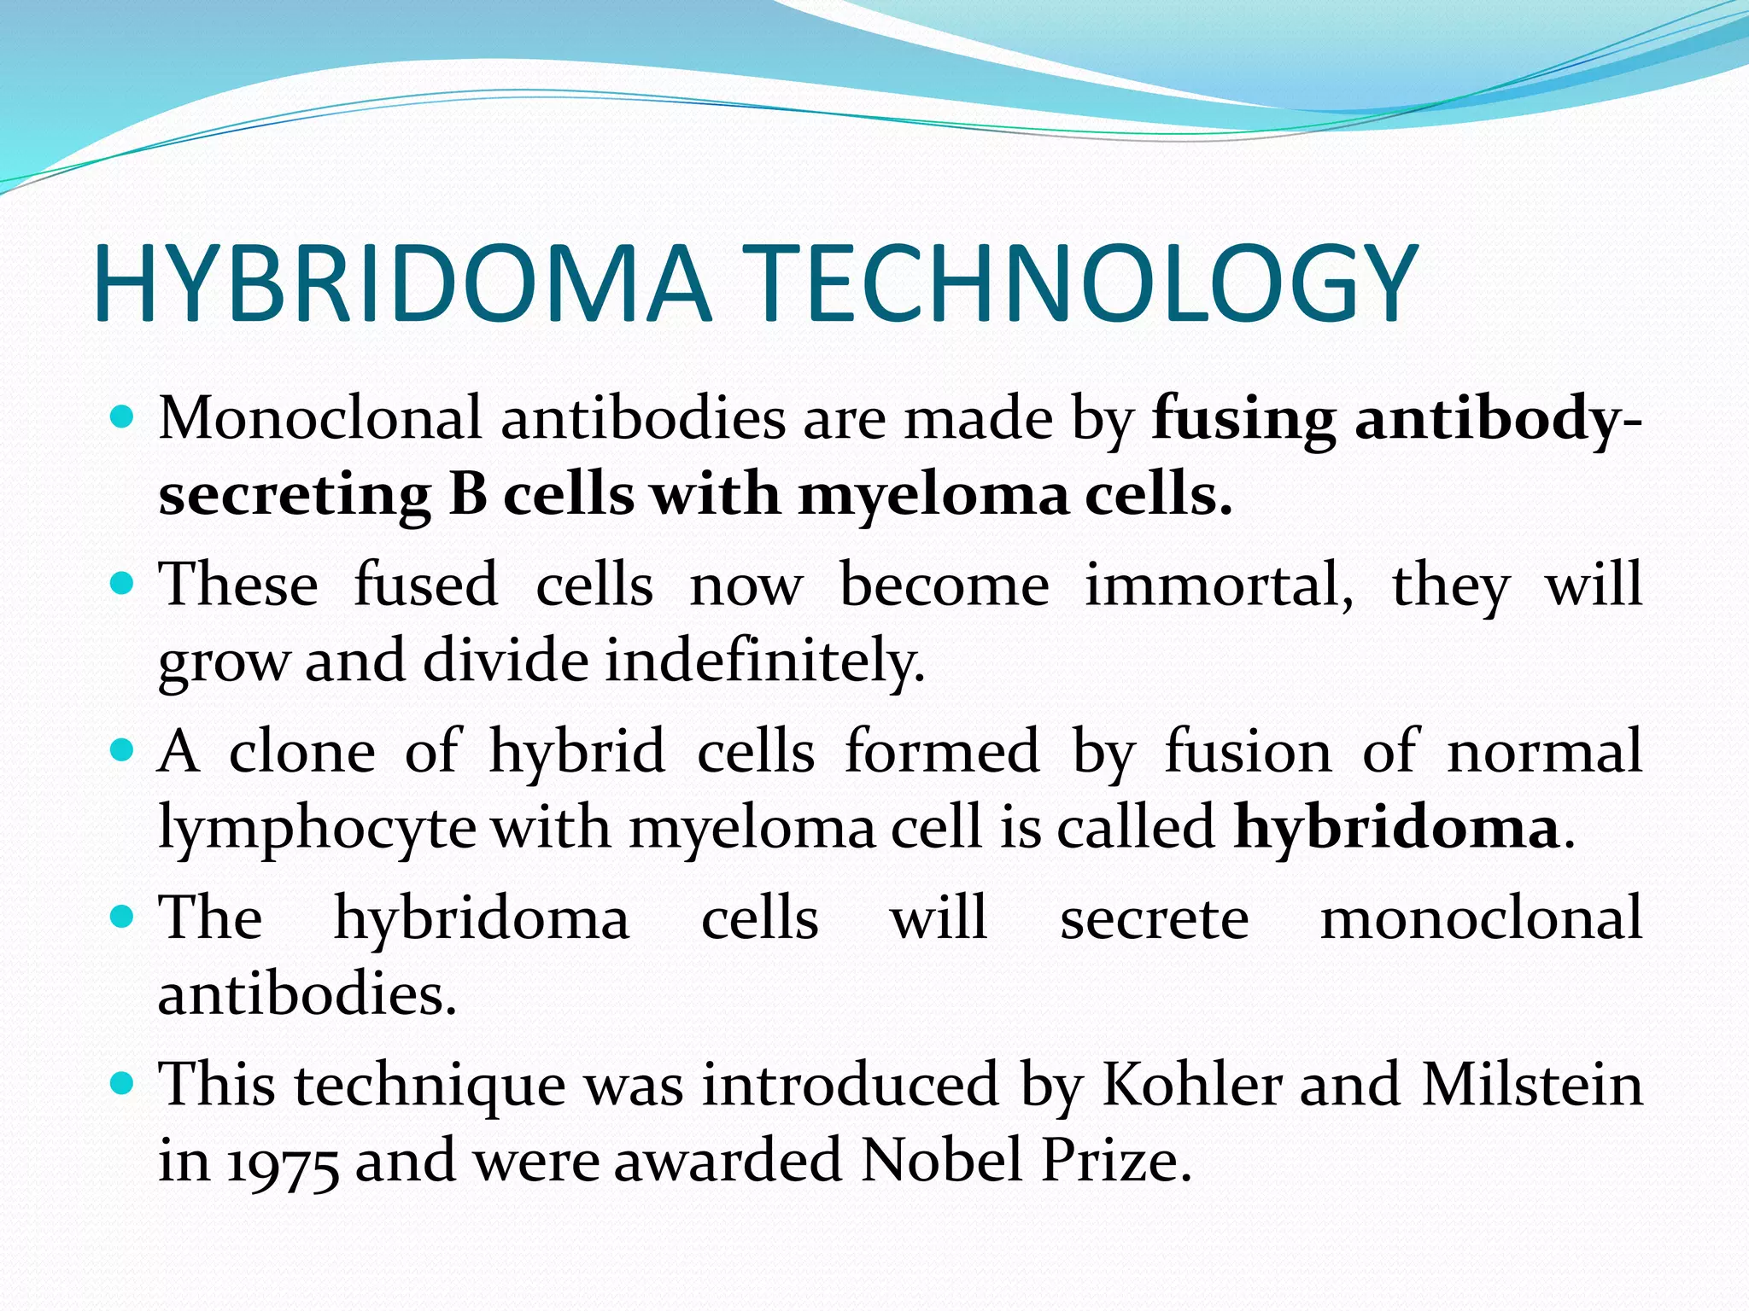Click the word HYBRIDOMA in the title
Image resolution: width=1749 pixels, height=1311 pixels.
pyautogui.click(x=401, y=283)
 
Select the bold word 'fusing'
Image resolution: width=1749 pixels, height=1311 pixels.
pyautogui.click(x=1243, y=420)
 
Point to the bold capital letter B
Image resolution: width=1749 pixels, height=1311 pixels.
pyautogui.click(x=467, y=495)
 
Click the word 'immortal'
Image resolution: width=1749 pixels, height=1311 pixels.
pyautogui.click(x=1220, y=586)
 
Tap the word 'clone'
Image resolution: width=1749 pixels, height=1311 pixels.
pyautogui.click(x=301, y=752)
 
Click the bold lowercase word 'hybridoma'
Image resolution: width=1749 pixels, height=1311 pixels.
pyautogui.click(x=1396, y=828)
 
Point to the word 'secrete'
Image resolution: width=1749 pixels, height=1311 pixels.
pyautogui.click(x=1154, y=919)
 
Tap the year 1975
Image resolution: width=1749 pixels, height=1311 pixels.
pyautogui.click(x=282, y=1162)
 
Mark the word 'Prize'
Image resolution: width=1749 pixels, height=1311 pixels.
pyautogui.click(x=1115, y=1161)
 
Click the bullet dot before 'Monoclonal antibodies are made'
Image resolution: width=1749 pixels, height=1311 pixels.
pyautogui.click(x=124, y=418)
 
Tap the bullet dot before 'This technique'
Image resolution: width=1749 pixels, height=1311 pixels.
pyautogui.click(x=124, y=1085)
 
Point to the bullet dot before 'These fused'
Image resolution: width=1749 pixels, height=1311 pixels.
pyautogui.click(x=124, y=585)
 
